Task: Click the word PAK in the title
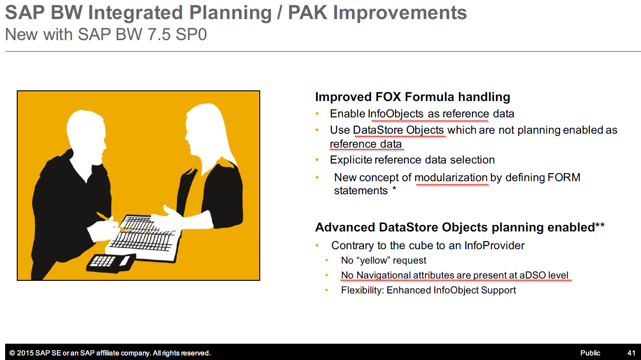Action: (x=307, y=13)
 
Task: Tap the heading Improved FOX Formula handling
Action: (x=412, y=97)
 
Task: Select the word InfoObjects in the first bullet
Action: (x=396, y=114)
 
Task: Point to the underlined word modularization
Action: (x=451, y=177)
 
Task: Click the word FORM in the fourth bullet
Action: (x=564, y=177)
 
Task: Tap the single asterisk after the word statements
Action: (x=394, y=189)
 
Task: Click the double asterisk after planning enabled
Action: (x=600, y=225)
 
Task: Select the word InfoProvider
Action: (x=494, y=245)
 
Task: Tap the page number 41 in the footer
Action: (x=632, y=353)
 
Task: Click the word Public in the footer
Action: (x=590, y=353)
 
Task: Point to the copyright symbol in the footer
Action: (x=12, y=353)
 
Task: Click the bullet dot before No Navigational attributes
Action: (x=327, y=275)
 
